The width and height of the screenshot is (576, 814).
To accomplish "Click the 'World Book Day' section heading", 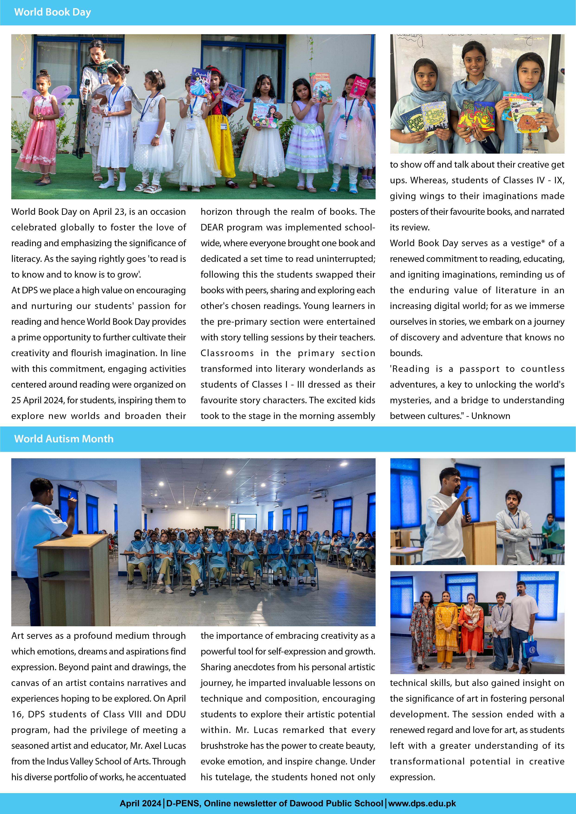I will coord(52,12).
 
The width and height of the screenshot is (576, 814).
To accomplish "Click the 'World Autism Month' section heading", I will coord(64,439).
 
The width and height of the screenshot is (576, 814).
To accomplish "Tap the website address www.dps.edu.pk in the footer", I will coord(422,803).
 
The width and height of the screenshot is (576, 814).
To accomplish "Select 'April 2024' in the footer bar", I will coord(140,803).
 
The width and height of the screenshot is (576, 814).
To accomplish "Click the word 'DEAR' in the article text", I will coord(212,227).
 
